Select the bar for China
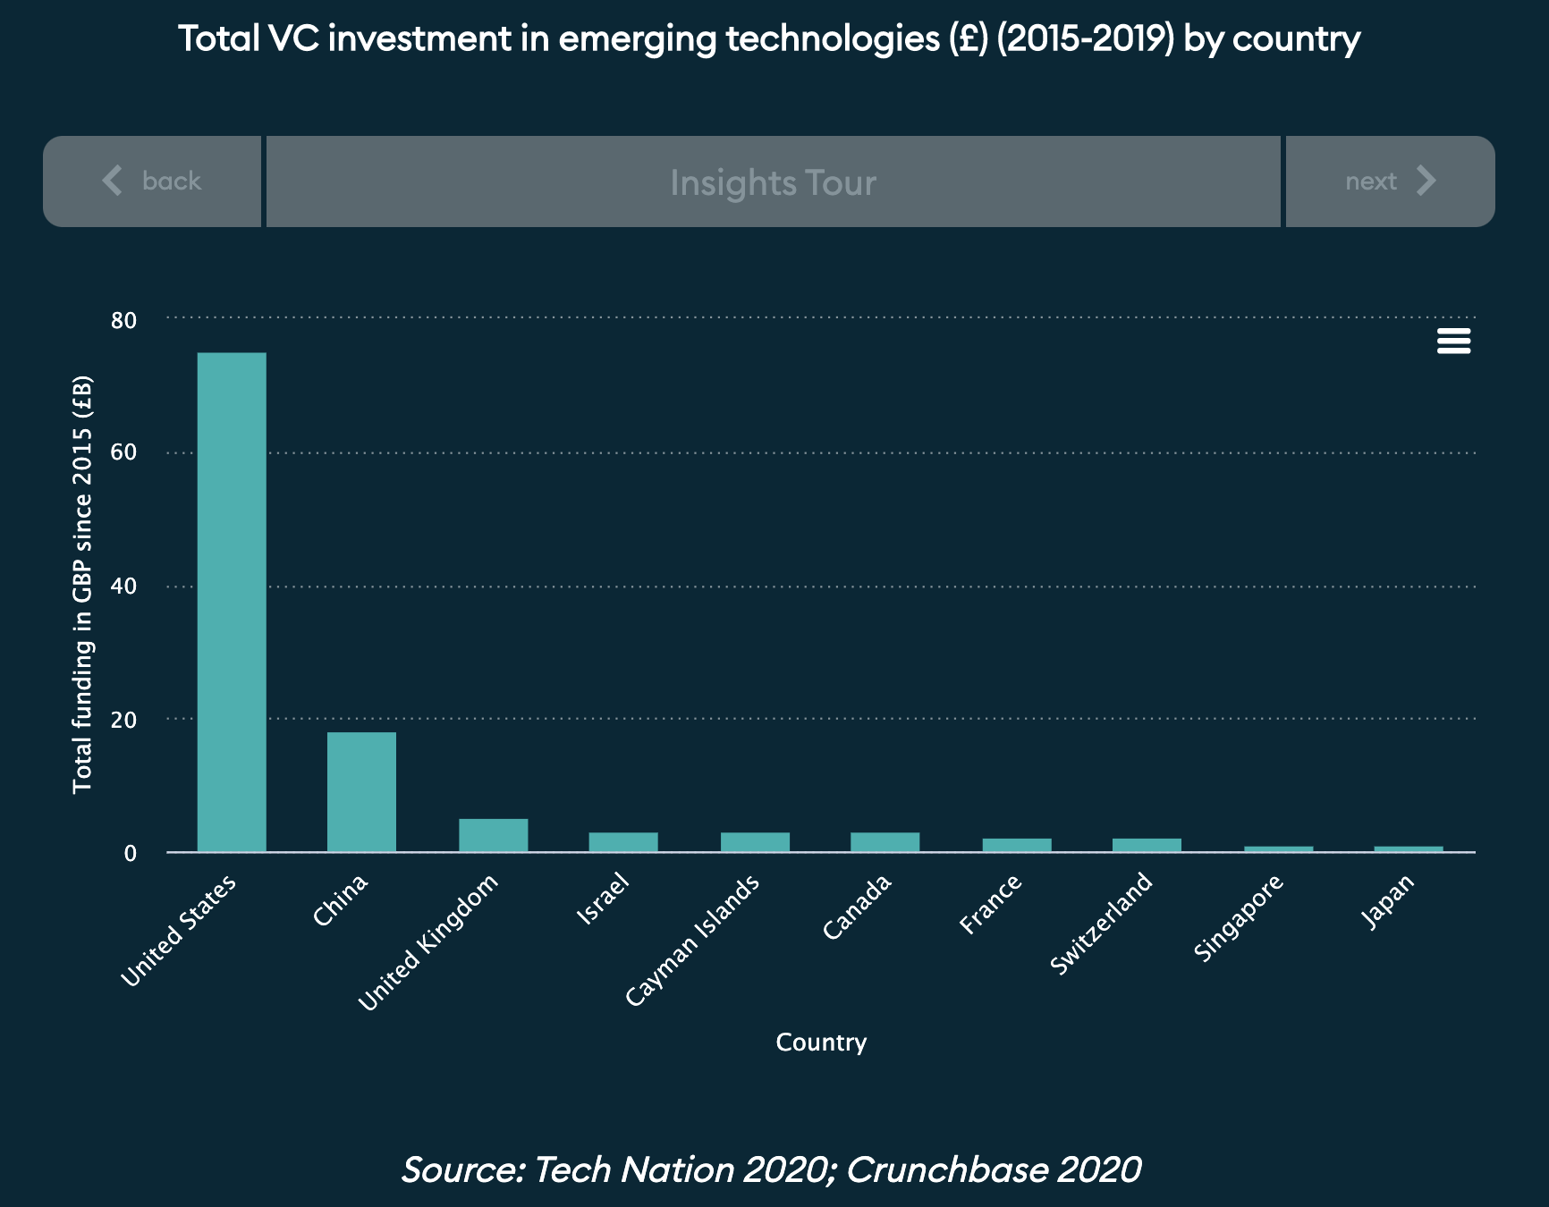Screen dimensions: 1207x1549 click(x=361, y=792)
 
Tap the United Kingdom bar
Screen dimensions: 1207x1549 click(x=493, y=835)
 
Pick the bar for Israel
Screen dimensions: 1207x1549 click(x=623, y=842)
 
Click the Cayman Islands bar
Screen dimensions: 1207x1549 click(x=755, y=842)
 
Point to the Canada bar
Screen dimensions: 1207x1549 click(x=885, y=842)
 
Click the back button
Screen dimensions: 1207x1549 click(x=152, y=181)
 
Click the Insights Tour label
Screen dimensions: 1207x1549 click(x=773, y=182)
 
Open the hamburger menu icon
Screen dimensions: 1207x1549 click(x=1453, y=341)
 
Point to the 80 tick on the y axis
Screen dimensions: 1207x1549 click(x=124, y=320)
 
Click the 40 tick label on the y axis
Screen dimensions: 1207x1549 click(x=124, y=587)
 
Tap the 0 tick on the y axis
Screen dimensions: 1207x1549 click(x=131, y=853)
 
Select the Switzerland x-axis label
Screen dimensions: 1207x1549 click(x=1102, y=924)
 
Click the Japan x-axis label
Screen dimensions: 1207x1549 click(x=1388, y=901)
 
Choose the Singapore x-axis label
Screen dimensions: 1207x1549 click(x=1239, y=918)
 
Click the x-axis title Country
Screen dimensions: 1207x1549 click(x=821, y=1042)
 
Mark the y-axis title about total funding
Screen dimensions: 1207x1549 click(x=82, y=584)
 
